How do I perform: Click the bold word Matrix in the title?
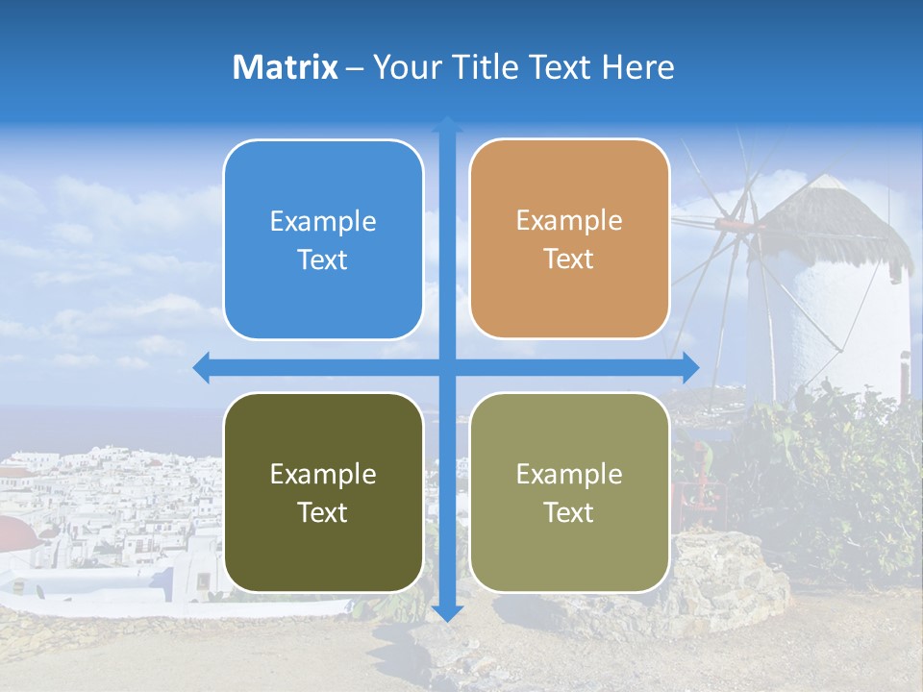[285, 67]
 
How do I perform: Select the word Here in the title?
[637, 67]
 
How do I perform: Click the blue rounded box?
[323, 239]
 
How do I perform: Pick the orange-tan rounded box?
[569, 239]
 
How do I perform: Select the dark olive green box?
[323, 492]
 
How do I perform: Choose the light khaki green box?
[569, 492]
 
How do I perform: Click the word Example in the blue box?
[323, 222]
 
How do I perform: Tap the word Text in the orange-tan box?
[569, 259]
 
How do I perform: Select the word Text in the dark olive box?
[323, 512]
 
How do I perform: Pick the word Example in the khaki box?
[569, 474]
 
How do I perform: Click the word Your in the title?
[404, 67]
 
